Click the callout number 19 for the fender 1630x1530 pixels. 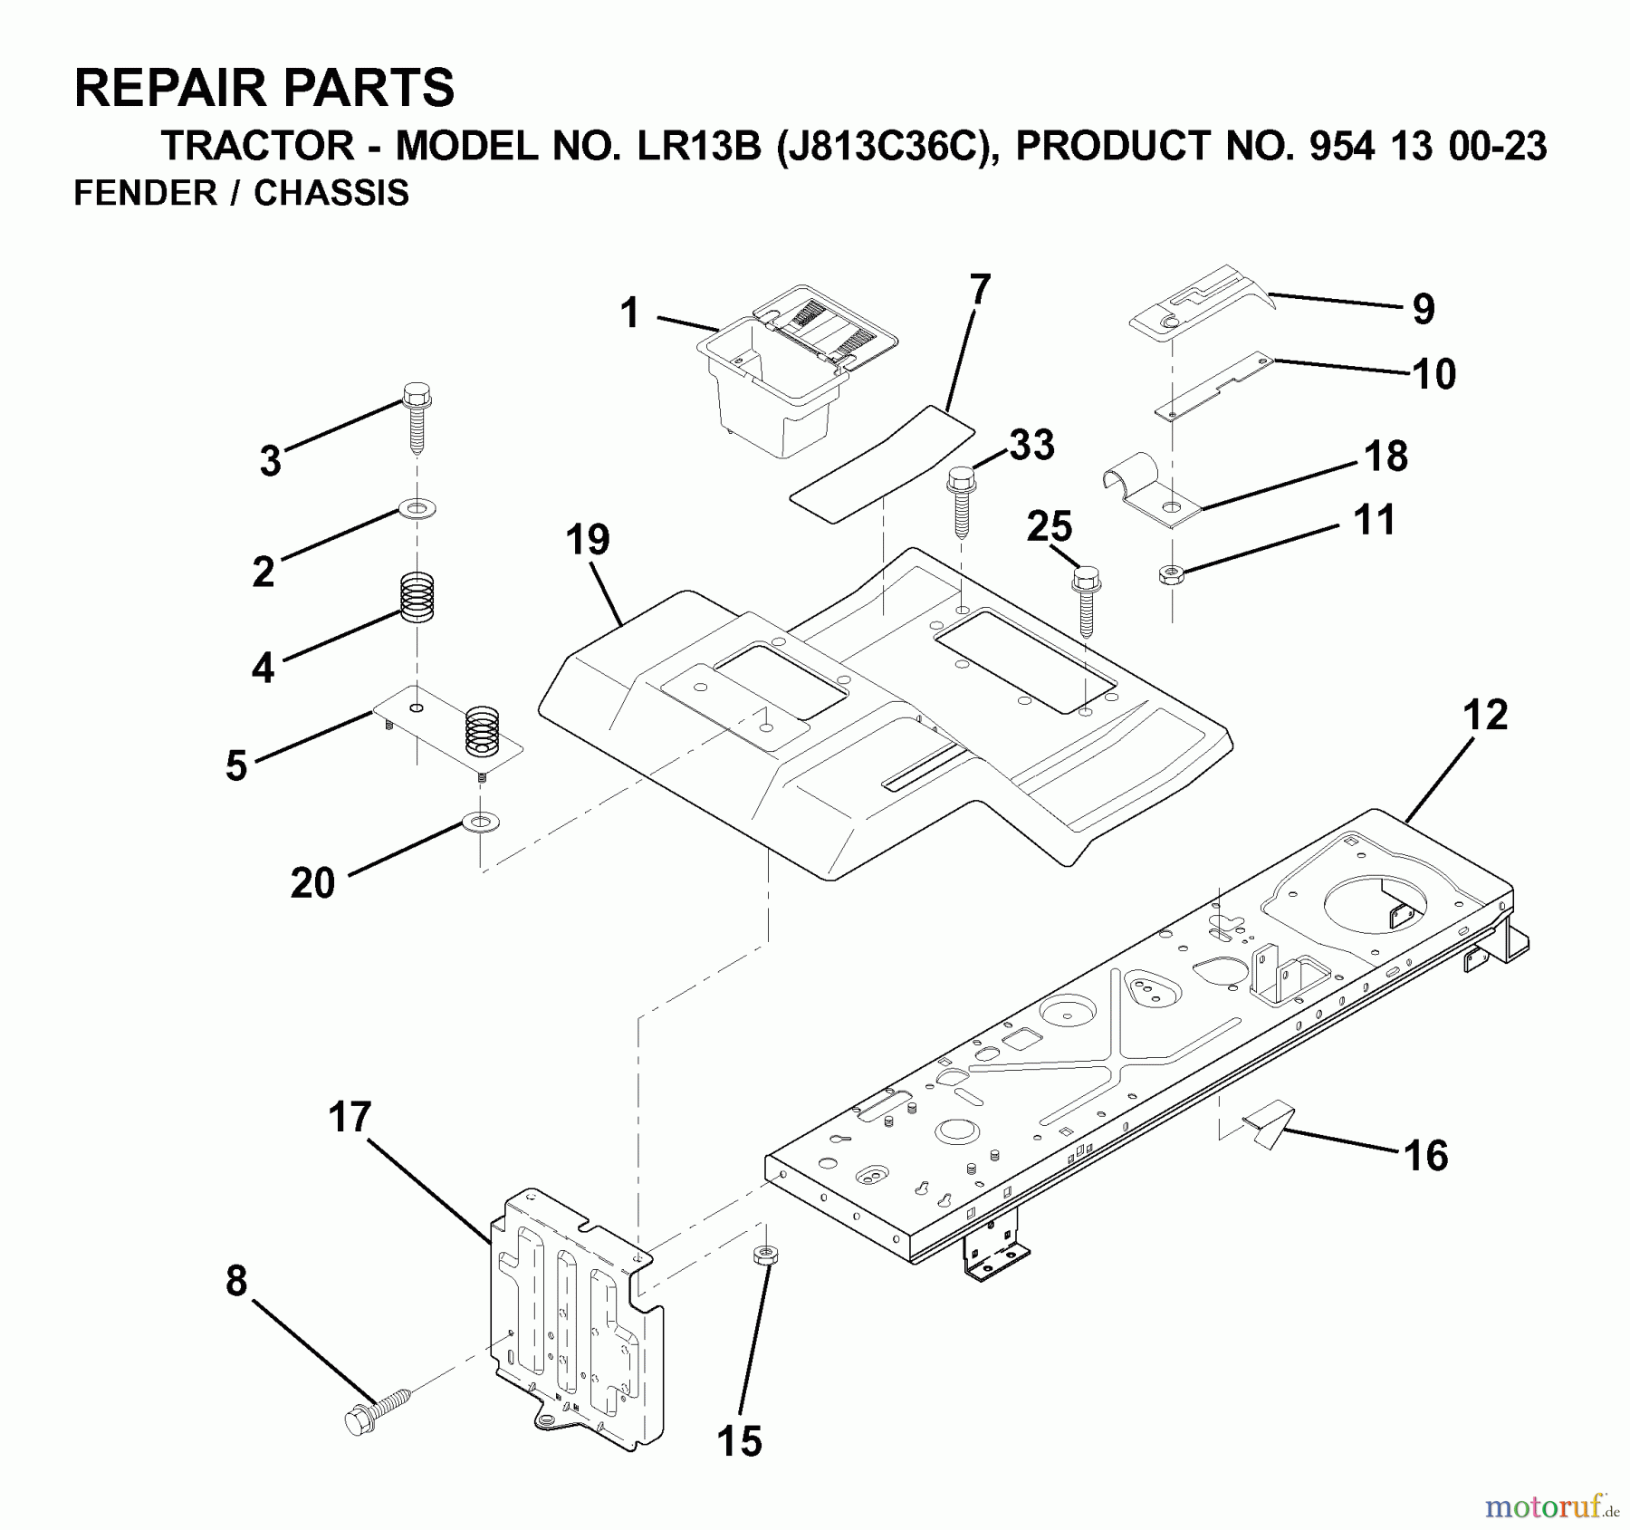point(588,540)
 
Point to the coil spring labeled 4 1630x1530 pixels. point(417,598)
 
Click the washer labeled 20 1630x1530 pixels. point(480,823)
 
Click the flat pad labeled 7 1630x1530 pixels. point(883,465)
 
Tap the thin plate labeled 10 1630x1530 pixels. point(1213,387)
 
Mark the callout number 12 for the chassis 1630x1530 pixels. point(1485,715)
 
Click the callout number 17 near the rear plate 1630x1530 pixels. point(350,1118)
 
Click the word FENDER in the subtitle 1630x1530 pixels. point(145,193)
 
